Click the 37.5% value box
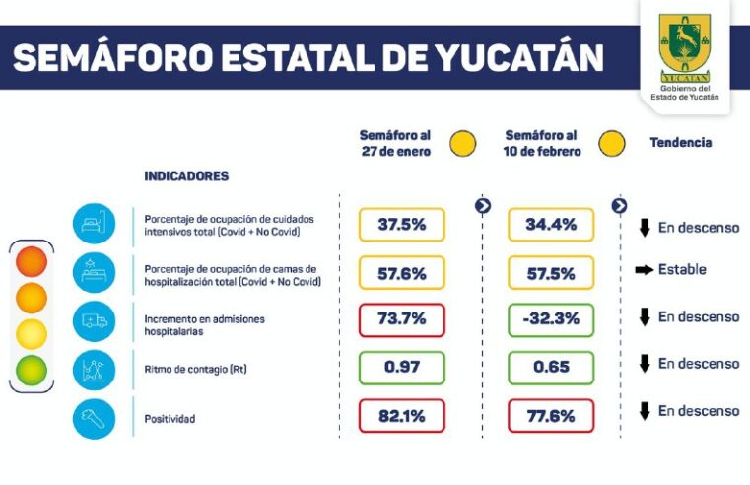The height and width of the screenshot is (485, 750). (x=401, y=225)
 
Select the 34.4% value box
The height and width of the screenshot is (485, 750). (x=551, y=225)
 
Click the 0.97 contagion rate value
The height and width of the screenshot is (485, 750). (x=401, y=368)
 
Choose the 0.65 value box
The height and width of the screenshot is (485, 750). (x=551, y=368)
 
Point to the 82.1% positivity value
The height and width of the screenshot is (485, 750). (x=401, y=416)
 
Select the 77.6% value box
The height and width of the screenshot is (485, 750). (x=551, y=416)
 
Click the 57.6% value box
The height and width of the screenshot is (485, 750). (x=401, y=273)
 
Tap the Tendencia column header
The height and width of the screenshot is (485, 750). (x=680, y=143)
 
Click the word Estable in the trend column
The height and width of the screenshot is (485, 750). (x=682, y=269)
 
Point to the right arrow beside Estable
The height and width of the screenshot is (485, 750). (x=645, y=269)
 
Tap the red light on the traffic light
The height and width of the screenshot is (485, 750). (x=32, y=262)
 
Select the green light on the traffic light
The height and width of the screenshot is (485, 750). (x=32, y=370)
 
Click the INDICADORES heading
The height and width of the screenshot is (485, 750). (x=186, y=176)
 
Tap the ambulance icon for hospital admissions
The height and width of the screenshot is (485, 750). (x=94, y=320)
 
